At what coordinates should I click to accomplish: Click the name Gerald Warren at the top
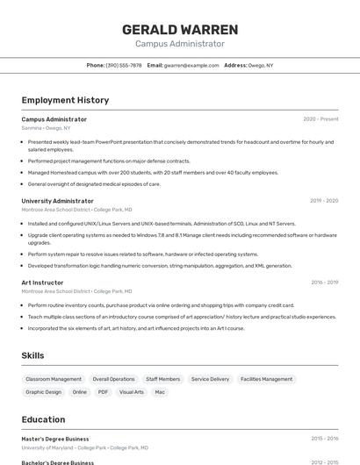[x=179, y=29]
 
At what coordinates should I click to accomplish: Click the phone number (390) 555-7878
[x=124, y=65]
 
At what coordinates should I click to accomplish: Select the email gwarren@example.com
[x=191, y=65]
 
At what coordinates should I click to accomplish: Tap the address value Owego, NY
[x=261, y=65]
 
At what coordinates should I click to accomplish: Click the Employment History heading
[x=66, y=100]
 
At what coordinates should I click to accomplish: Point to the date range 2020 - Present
[x=320, y=119]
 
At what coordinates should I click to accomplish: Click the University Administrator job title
[x=57, y=201]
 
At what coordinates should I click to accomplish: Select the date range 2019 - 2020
[x=324, y=201]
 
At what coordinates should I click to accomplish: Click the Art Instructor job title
[x=42, y=283]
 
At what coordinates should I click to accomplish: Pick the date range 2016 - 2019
[x=324, y=283]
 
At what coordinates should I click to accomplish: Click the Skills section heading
[x=32, y=355]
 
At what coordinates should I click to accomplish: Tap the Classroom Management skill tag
[x=54, y=379]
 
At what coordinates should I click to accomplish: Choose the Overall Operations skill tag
[x=113, y=379]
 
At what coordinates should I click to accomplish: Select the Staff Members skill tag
[x=162, y=379]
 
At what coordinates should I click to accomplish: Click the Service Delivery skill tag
[x=210, y=379]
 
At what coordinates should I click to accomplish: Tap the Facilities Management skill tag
[x=266, y=379]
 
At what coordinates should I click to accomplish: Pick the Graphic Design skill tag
[x=44, y=392]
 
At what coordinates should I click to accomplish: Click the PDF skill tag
[x=103, y=392]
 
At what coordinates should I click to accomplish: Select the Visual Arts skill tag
[x=132, y=392]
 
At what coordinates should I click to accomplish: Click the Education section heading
[x=43, y=419]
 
